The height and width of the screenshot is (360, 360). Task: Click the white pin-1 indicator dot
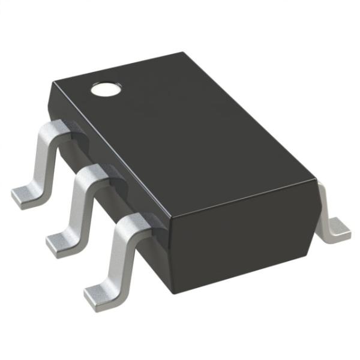pyautogui.click(x=105, y=90)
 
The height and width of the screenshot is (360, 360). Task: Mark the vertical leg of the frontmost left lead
pyautogui.click(x=117, y=258)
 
